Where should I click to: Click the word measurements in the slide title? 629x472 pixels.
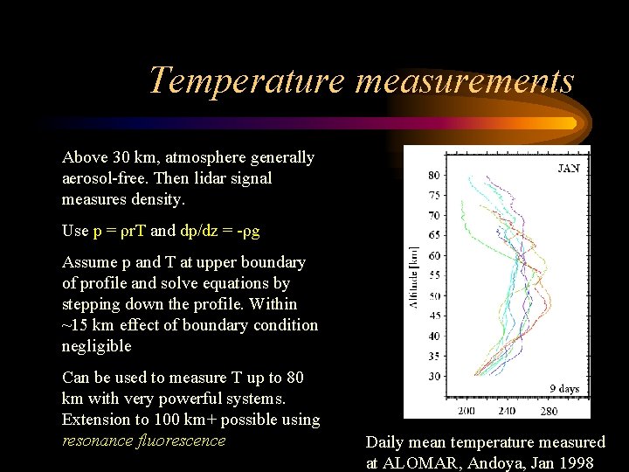464,80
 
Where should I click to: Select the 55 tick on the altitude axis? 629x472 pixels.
433,275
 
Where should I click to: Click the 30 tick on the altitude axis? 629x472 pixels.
433,376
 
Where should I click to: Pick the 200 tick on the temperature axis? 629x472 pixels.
467,410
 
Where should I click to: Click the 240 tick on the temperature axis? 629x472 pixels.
507,410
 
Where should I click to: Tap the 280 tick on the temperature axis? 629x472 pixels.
548,410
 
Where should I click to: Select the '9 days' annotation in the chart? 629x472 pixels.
563,388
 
